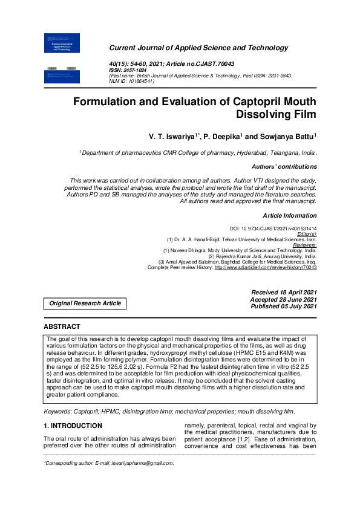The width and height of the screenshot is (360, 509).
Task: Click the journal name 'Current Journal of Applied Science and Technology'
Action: coord(198,48)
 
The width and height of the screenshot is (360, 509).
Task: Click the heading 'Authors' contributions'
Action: coord(284,166)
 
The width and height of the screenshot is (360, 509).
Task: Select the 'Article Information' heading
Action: coord(290,215)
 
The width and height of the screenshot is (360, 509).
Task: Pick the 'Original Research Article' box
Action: coord(85,303)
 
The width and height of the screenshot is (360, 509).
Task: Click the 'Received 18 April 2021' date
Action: coord(283,292)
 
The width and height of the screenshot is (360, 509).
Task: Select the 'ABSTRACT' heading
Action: coord(62,326)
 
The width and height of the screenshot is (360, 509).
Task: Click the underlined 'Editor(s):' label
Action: coord(304,233)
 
